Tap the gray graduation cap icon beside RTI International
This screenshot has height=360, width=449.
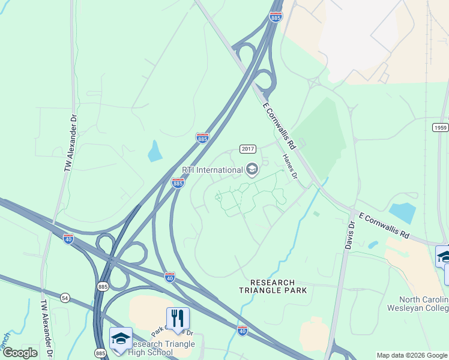tap(252, 170)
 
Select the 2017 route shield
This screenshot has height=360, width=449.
tap(248, 149)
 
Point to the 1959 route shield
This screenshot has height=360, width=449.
tap(440, 127)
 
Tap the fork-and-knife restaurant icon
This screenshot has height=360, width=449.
tap(178, 318)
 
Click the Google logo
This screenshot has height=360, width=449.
tap(19, 353)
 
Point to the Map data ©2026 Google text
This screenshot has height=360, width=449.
tap(412, 356)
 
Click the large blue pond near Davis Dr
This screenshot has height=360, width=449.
tap(402, 212)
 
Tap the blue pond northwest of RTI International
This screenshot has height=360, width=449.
tap(155, 151)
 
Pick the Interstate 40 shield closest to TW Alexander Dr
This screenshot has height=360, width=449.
tap(68, 239)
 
